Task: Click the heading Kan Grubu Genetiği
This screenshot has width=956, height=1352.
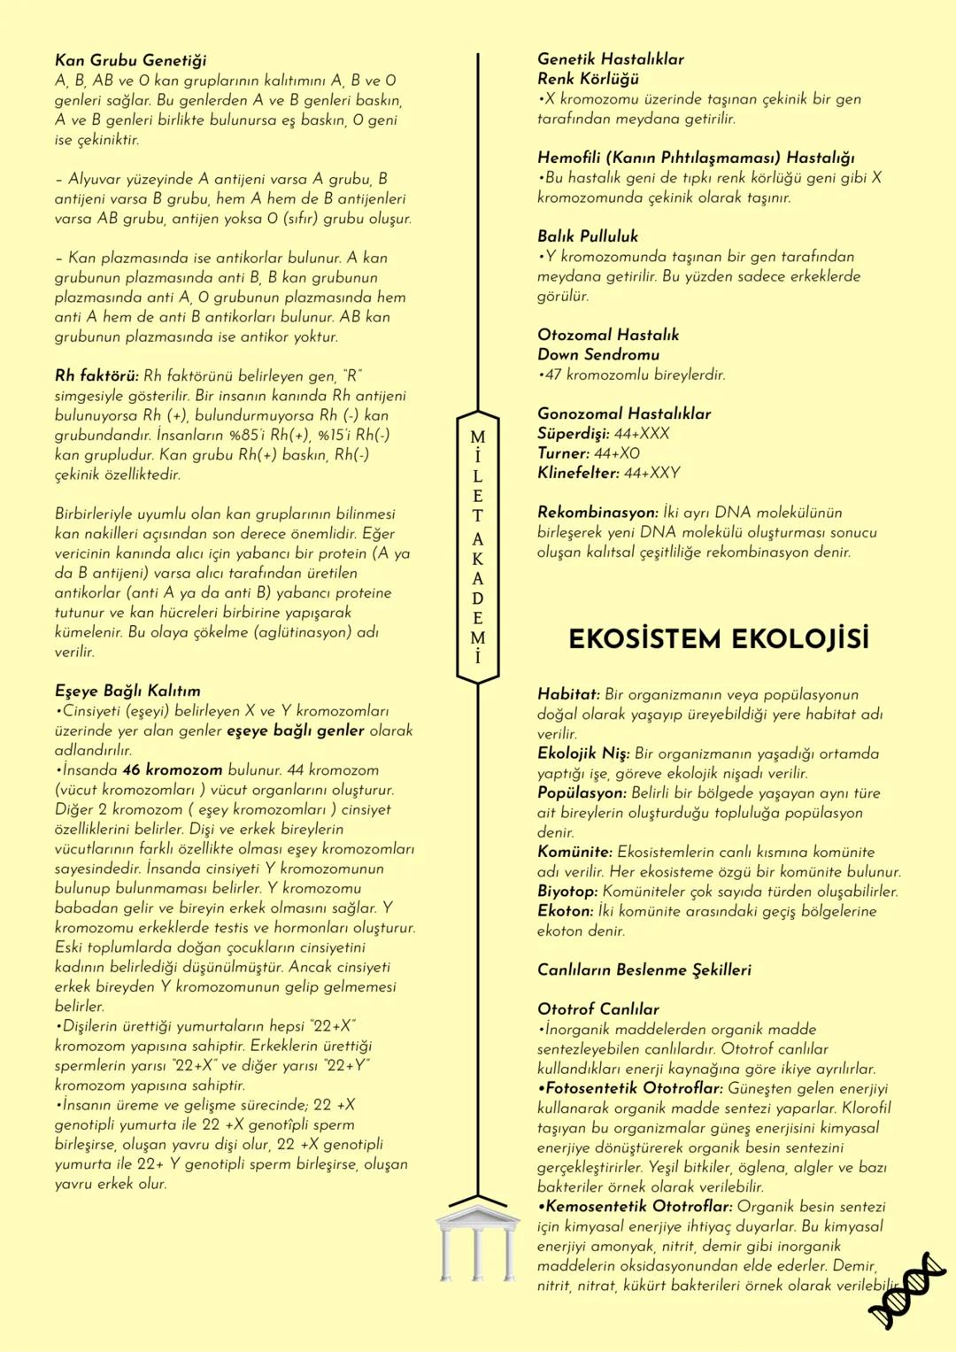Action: (x=130, y=60)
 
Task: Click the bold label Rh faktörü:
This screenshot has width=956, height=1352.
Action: (x=96, y=375)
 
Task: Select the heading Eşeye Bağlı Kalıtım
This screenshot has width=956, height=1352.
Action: (x=127, y=691)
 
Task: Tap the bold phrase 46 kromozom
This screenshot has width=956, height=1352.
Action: (x=172, y=769)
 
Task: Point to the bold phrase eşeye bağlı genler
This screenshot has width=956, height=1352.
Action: (x=296, y=730)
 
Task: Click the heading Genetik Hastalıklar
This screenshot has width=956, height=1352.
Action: (x=610, y=59)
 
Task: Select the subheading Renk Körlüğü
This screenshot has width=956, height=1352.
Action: (x=588, y=79)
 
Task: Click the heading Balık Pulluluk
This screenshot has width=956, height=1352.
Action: (x=587, y=236)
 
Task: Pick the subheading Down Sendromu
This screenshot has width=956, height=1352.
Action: (x=597, y=354)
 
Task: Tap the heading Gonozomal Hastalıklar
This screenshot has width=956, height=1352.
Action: (x=623, y=413)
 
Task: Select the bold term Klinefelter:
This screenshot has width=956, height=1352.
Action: (x=578, y=473)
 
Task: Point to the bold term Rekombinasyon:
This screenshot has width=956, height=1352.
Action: (x=597, y=513)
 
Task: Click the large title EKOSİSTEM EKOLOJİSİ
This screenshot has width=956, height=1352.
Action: (x=718, y=638)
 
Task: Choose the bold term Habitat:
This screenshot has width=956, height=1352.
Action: (x=568, y=694)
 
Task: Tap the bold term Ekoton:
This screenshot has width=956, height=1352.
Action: (x=565, y=910)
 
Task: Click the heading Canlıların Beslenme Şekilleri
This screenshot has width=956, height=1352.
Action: (x=644, y=970)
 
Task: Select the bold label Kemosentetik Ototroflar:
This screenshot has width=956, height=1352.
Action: (x=635, y=1206)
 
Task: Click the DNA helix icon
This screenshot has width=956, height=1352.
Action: (x=907, y=1290)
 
